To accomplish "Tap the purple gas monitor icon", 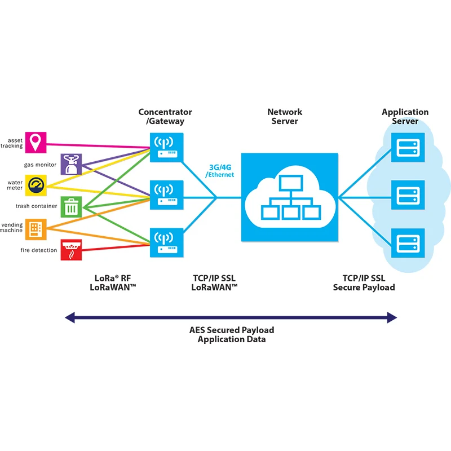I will tap(71, 164).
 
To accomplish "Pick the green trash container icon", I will tap(71, 206).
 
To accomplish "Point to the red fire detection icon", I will tap(71, 250).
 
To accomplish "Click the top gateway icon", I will tap(167, 148).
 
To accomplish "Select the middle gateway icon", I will tap(167, 195).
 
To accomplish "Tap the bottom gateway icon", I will tap(167, 242).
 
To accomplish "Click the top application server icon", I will tap(408, 148).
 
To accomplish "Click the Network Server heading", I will tap(285, 117).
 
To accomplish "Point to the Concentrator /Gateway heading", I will tap(165, 117).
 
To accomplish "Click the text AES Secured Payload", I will tap(232, 330).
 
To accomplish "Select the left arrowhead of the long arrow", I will tap(69, 318).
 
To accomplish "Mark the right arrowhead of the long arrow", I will tap(392, 318).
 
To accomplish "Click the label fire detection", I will tap(39, 250).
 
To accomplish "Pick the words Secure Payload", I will tap(364, 288).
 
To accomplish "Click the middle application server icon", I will tap(408, 195).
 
